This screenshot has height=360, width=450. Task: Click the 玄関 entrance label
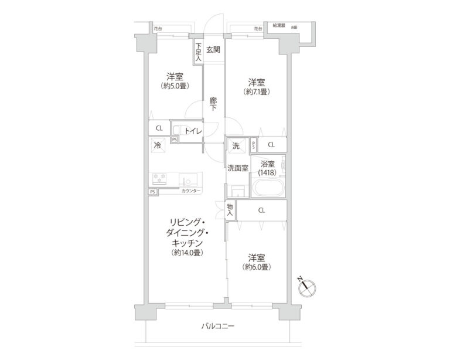[213, 49]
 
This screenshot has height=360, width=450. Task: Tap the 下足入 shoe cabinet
[198, 52]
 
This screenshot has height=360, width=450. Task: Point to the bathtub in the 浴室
[267, 189]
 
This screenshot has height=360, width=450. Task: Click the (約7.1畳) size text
[256, 92]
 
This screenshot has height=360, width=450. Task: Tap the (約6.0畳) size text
[256, 267]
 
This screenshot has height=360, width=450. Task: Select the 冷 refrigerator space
[158, 144]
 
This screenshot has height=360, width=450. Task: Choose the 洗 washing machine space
[236, 145]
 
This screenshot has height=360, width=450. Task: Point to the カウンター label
[191, 192]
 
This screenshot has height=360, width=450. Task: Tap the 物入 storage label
[230, 209]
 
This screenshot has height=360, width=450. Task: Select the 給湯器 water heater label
[277, 26]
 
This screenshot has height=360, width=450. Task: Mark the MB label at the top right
[294, 26]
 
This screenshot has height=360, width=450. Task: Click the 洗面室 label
[238, 168]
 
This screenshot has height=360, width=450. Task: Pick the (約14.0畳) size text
[187, 253]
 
